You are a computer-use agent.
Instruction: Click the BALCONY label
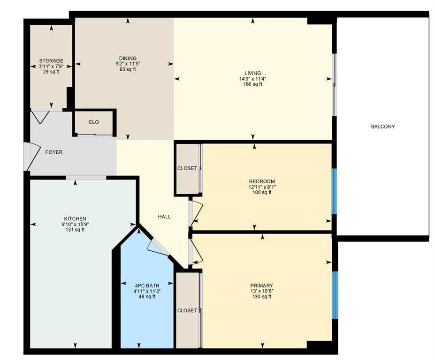[x=383, y=127]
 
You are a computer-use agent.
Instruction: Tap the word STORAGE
[x=51, y=60]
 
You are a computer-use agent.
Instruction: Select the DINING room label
[x=128, y=58]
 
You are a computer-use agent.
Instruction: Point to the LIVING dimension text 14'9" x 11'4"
[x=253, y=79]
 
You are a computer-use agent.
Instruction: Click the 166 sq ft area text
[x=253, y=84]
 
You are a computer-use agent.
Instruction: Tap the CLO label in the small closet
[x=93, y=122]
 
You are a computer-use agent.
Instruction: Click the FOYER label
[x=54, y=152]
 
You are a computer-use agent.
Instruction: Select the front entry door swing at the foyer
[x=31, y=157]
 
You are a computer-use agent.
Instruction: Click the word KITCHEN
[x=75, y=218]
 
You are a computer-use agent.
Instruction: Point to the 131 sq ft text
[x=75, y=230]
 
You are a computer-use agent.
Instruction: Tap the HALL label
[x=164, y=217]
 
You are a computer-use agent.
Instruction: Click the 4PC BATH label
[x=147, y=285]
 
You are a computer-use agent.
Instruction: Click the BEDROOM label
[x=262, y=181]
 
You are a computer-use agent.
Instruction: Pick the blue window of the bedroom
[x=335, y=191]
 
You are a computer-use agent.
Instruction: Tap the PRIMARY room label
[x=262, y=285]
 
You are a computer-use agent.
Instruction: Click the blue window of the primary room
[x=335, y=295]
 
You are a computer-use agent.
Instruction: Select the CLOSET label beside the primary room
[x=187, y=311]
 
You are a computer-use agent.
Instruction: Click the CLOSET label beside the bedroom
[x=187, y=168]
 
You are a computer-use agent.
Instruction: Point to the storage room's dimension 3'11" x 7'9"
[x=51, y=66]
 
